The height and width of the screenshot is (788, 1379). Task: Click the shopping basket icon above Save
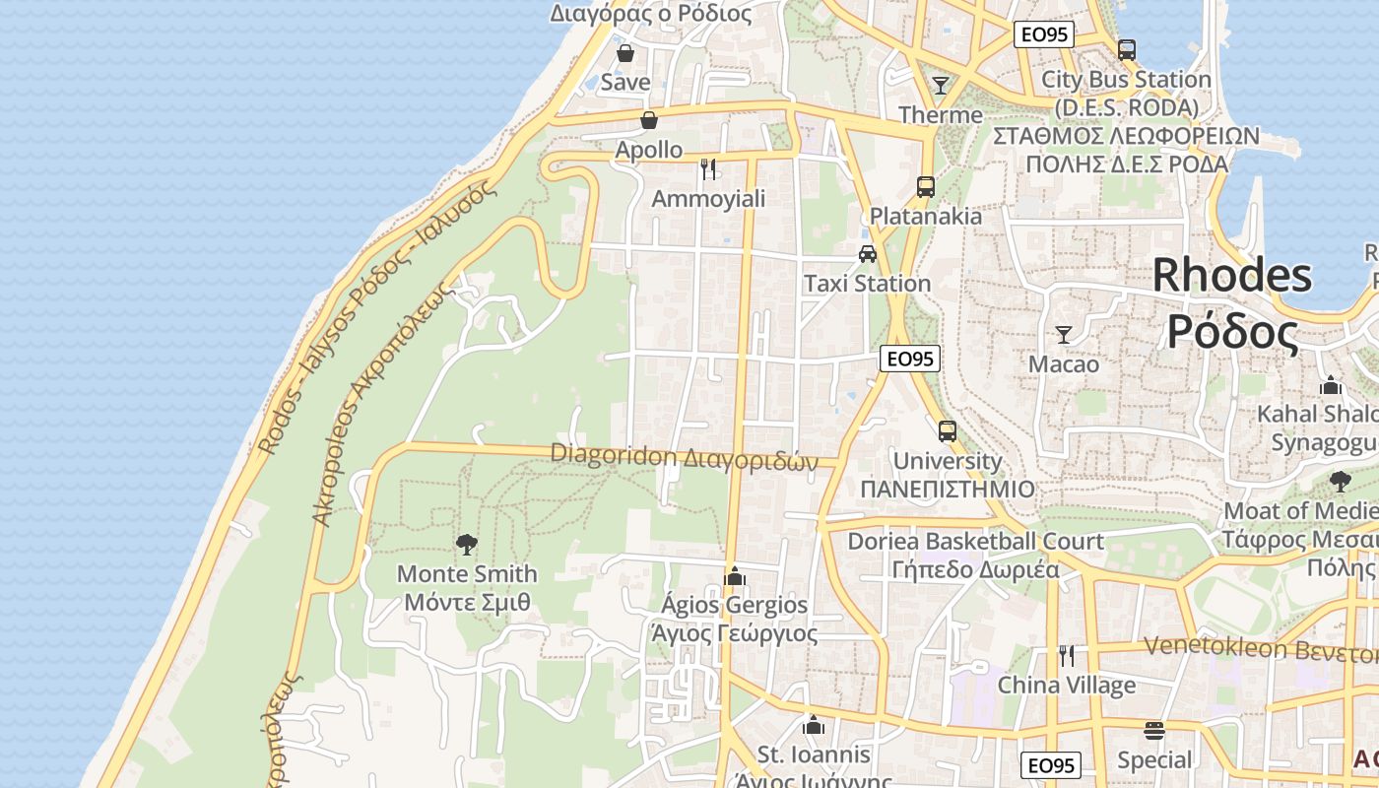[624, 53]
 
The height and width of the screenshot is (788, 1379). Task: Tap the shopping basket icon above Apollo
[649, 121]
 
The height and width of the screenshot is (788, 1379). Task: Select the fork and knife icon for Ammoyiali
[708, 169]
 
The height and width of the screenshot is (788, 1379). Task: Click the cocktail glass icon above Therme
[941, 86]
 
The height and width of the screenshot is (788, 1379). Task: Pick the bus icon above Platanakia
[925, 186]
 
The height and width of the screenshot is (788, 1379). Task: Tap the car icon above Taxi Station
[867, 254]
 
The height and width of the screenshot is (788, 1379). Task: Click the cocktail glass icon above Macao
[1063, 335]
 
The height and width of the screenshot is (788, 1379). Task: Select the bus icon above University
[947, 430]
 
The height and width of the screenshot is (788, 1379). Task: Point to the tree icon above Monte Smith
[467, 544]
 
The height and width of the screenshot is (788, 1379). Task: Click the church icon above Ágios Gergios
[734, 575]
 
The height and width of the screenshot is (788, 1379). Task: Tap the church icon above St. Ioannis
[813, 726]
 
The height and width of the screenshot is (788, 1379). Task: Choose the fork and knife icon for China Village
[1066, 655]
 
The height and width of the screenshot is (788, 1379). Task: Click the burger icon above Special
[1154, 731]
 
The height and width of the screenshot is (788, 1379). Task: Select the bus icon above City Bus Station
[1127, 49]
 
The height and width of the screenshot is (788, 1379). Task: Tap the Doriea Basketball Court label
[975, 541]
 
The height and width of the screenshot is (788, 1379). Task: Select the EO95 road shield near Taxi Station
[909, 359]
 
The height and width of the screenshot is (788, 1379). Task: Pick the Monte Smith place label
[467, 573]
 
